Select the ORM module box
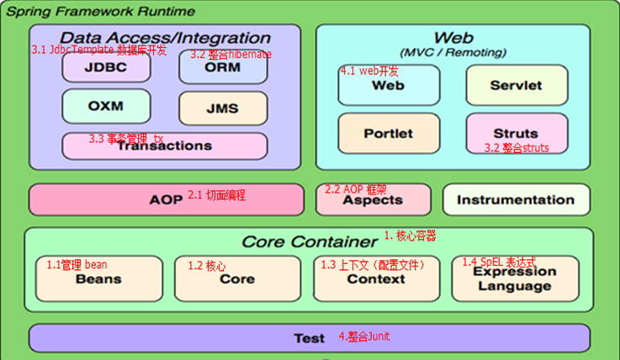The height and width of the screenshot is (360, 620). tap(222, 68)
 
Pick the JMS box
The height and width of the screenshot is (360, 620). tap(222, 109)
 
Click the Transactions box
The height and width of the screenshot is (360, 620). tap(164, 146)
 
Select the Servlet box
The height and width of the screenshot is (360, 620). tap(516, 85)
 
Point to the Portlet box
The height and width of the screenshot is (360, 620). tap(388, 133)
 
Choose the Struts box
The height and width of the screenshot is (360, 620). tap(516, 133)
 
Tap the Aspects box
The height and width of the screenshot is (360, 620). tap(373, 200)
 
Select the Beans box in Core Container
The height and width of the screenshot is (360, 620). tap(99, 279)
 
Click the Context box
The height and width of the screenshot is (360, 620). tap(376, 279)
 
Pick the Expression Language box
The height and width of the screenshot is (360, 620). tap(515, 279)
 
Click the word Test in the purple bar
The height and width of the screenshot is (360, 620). tap(309, 338)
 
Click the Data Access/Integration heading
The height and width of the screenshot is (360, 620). tap(165, 38)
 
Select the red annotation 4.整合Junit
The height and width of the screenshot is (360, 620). tap(364, 336)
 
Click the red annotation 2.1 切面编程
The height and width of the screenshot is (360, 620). tap(216, 195)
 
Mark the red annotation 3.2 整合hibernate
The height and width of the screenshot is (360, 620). tap(231, 55)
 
